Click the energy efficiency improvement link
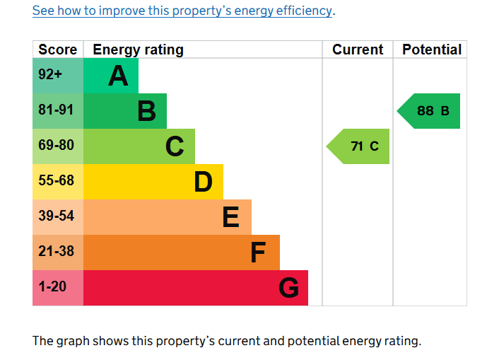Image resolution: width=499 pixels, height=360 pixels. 182,11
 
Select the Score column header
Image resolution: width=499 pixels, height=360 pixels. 58,50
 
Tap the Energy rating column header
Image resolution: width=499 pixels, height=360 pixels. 138,50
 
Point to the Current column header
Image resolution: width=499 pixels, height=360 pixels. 358,50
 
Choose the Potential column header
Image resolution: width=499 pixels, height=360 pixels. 431,50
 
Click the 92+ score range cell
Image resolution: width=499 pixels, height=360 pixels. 51,75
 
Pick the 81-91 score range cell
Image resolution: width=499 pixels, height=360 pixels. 56,110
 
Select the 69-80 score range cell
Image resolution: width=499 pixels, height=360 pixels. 56,146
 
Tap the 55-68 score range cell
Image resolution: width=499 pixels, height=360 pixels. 56,181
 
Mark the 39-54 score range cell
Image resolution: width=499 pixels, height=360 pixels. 56,216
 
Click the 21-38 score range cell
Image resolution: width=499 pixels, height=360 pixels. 56,252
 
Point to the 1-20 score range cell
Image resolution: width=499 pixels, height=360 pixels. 53,287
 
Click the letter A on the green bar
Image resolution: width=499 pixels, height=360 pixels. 118,76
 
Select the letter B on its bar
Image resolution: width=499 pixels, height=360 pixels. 146,111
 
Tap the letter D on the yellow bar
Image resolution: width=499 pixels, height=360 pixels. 203,182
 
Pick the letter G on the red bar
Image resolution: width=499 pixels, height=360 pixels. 288,288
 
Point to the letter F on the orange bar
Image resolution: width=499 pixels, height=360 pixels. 259,252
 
